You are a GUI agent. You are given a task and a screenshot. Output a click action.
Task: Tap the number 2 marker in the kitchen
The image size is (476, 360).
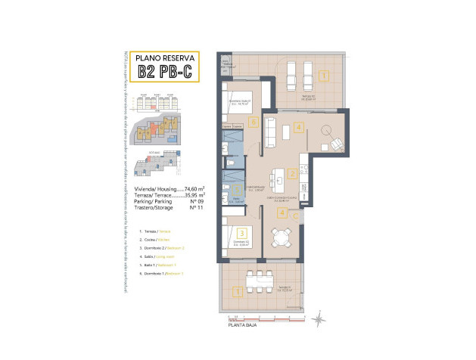coord(292,173)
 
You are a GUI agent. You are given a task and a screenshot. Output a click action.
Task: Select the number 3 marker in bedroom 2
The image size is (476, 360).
coord(241,234)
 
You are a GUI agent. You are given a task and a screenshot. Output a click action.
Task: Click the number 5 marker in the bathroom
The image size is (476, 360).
coord(236,191)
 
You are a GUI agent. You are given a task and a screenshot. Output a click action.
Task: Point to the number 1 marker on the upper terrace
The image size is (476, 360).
coord(323,76)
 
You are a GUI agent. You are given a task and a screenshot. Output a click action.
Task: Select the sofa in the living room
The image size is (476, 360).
coord(286,132)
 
